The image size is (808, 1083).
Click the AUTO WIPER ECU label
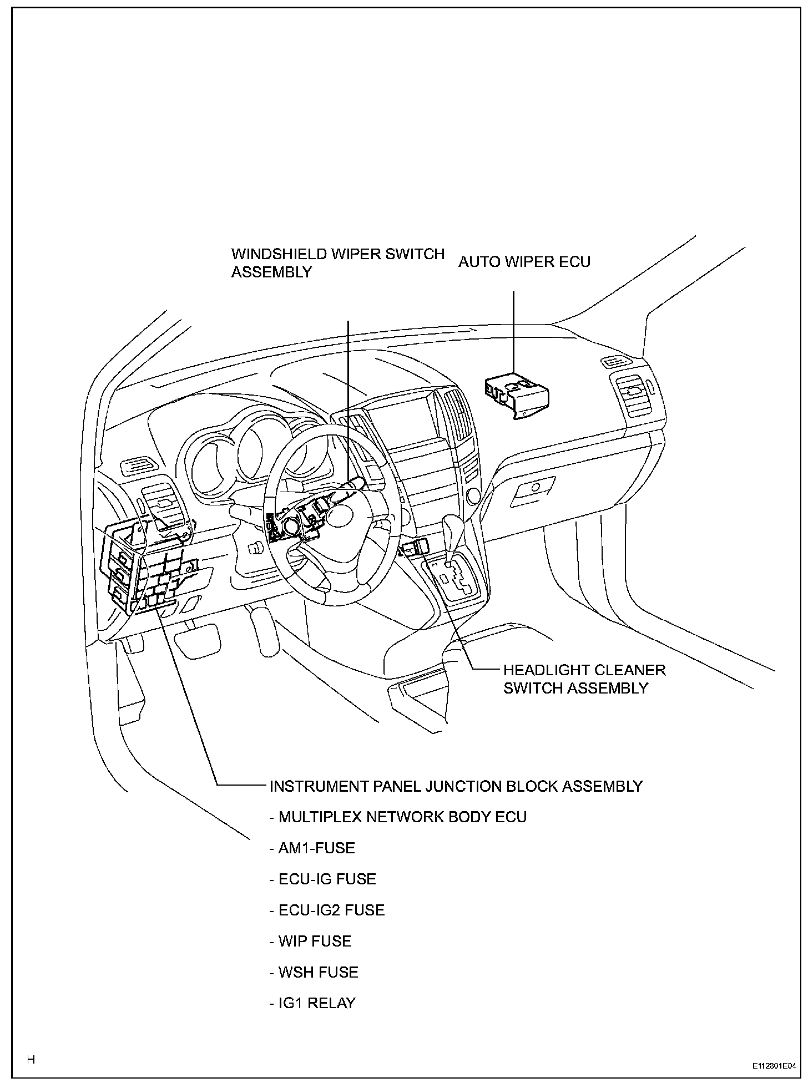point(524,261)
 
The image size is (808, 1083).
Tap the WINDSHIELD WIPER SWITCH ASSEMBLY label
point(337,263)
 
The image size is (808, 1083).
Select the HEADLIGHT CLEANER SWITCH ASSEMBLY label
point(584,679)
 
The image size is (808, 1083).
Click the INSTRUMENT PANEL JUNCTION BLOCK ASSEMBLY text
point(456,786)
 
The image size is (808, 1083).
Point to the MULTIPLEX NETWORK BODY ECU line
point(397,817)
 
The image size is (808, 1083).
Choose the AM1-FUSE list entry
point(312,848)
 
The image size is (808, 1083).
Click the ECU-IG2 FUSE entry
point(327,910)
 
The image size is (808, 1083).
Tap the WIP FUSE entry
point(310,941)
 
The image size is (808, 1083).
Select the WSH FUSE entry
point(314,972)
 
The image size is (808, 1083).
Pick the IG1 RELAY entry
point(312,1003)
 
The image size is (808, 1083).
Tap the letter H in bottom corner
point(31,1060)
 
